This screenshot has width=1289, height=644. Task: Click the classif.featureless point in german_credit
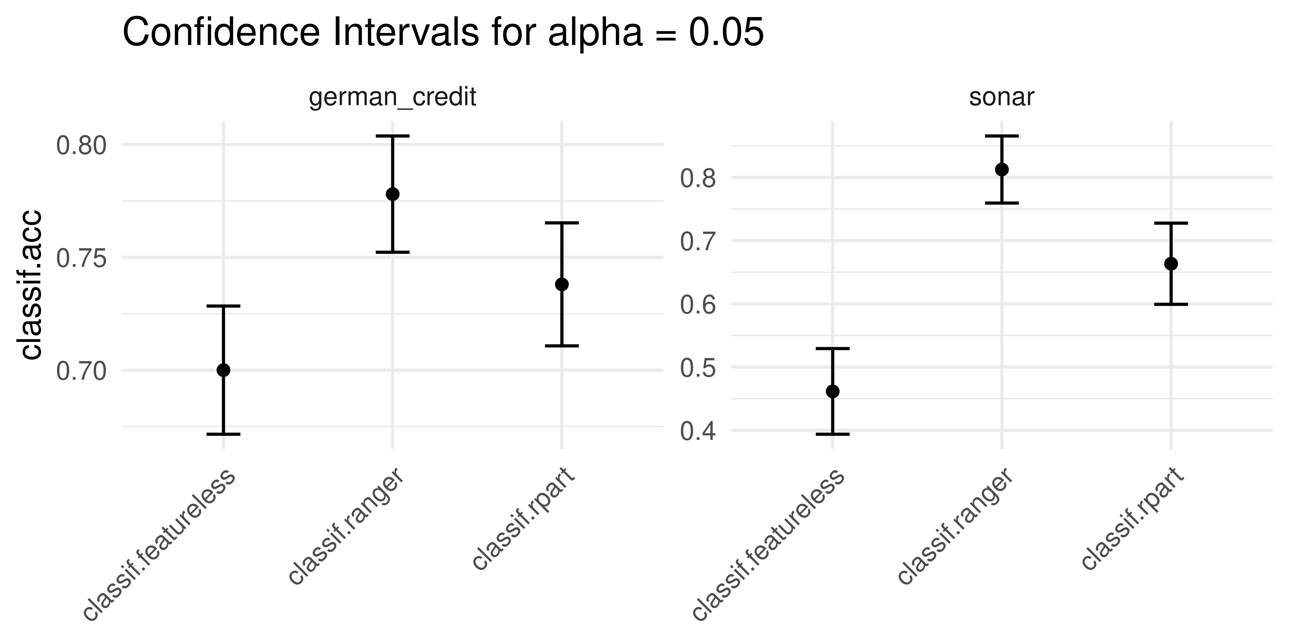[x=223, y=370]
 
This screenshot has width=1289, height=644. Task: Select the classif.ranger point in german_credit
[x=393, y=194]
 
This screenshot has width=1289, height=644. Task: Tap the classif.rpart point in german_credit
[x=562, y=284]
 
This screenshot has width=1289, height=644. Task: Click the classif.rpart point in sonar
[x=1171, y=264]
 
